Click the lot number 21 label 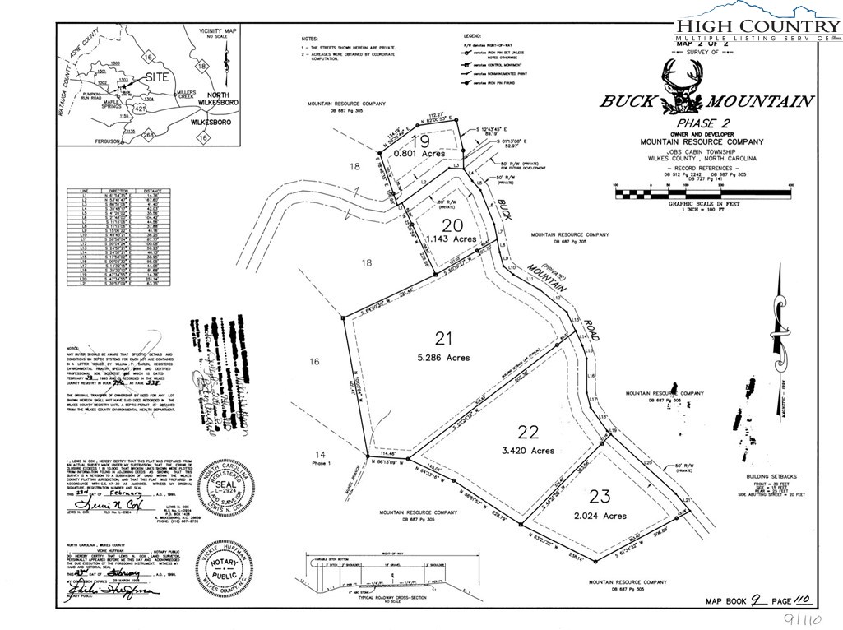(x=444, y=337)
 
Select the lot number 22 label (x=529, y=431)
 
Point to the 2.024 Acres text (x=600, y=517)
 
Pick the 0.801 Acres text (x=419, y=154)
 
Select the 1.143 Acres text (x=452, y=239)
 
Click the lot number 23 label (x=600, y=496)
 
